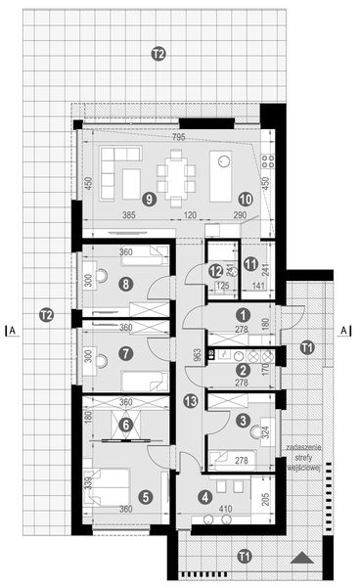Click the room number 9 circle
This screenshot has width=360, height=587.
pos(149,198)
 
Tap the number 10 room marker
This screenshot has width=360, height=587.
pos(244,198)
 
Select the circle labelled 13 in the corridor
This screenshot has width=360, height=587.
pos(190,400)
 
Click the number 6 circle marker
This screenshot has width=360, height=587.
pos(124,424)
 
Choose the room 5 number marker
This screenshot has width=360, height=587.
pos(146,497)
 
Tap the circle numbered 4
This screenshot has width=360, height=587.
pos(204,497)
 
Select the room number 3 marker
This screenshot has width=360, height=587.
pos(243,421)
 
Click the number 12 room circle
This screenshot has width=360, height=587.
pos(215,271)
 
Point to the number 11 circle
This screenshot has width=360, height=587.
pos(250,263)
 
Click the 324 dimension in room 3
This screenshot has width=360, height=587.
pos(265,429)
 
